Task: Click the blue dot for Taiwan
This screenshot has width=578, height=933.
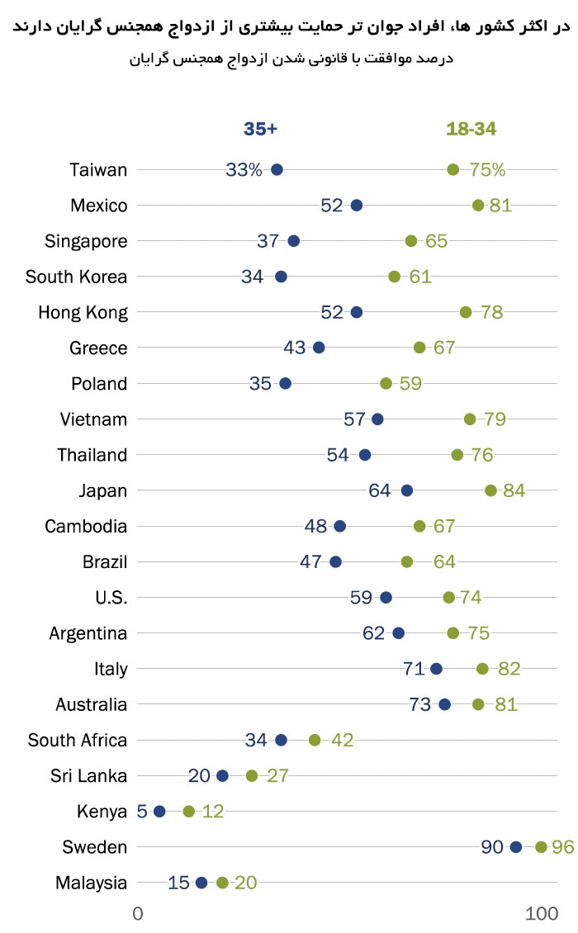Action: click(277, 169)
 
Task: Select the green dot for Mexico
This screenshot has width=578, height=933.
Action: click(478, 205)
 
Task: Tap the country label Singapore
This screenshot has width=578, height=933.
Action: click(87, 241)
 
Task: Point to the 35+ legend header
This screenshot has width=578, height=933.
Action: click(260, 129)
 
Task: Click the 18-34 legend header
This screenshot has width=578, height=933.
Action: click(471, 129)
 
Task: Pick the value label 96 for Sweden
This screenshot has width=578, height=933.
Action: click(563, 847)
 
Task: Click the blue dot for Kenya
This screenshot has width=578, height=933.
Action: click(159, 812)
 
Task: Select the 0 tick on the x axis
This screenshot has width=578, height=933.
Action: click(138, 913)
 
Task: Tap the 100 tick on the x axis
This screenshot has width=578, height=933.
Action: click(542, 913)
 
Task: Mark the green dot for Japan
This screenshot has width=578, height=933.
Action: click(490, 490)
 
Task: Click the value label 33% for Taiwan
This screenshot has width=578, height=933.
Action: click(244, 170)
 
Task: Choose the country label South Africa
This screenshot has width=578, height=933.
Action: click(78, 741)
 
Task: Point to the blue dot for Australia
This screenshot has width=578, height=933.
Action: click(444, 704)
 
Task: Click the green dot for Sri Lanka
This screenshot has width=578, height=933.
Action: click(252, 775)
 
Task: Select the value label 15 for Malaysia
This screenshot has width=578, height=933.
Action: click(178, 883)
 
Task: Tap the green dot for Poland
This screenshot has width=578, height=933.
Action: click(386, 383)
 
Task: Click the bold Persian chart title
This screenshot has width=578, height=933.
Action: click(292, 29)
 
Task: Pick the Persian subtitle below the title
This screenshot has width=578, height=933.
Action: click(292, 59)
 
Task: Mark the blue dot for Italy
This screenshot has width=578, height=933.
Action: click(436, 669)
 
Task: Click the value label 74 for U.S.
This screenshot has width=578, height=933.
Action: click(471, 598)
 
